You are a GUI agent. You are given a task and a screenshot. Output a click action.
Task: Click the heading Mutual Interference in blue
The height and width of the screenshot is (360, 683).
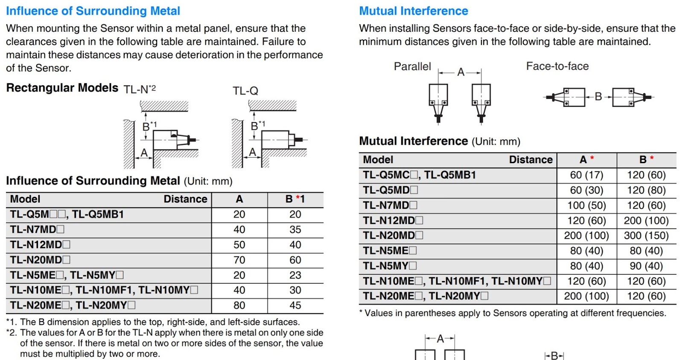tap(413, 11)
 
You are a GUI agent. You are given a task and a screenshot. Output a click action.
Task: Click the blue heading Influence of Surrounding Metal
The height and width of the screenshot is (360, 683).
tap(93, 11)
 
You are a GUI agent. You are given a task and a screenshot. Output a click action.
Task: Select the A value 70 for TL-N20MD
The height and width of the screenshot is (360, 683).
tap(239, 260)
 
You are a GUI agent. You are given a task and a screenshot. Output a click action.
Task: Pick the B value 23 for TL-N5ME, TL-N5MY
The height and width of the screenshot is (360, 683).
tap(295, 275)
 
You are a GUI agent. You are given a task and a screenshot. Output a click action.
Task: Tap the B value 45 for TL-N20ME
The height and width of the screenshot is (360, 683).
tap(295, 306)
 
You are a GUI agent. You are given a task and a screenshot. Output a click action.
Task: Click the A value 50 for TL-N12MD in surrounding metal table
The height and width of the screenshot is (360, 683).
tap(239, 245)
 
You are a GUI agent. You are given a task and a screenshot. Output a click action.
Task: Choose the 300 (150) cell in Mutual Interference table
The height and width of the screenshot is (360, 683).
tap(646, 236)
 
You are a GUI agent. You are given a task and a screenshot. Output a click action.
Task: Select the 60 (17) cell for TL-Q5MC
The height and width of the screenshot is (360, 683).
tap(586, 175)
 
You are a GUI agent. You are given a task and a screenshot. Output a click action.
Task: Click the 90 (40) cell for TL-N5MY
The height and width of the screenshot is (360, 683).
tap(646, 266)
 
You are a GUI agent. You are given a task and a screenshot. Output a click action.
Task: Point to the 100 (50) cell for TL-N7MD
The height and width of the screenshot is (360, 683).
tap(586, 205)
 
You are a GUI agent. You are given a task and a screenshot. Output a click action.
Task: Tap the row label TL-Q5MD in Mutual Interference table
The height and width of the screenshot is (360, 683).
tap(390, 190)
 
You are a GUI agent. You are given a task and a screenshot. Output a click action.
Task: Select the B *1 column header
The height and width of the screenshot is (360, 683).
tap(295, 199)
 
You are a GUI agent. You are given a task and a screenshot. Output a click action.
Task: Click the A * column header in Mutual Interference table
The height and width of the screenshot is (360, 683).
tap(586, 160)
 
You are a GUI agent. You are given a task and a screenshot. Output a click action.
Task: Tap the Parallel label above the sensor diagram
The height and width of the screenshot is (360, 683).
tap(412, 67)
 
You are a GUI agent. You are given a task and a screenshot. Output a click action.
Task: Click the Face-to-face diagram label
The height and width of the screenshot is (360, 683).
tap(557, 66)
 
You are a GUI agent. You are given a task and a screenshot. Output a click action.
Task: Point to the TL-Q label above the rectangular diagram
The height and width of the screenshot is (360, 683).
tap(245, 91)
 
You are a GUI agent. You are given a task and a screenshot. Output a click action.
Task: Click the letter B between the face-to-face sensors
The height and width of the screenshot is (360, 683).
tap(598, 97)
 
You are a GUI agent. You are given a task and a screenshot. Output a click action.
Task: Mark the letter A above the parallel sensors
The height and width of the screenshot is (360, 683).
tap(461, 72)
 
